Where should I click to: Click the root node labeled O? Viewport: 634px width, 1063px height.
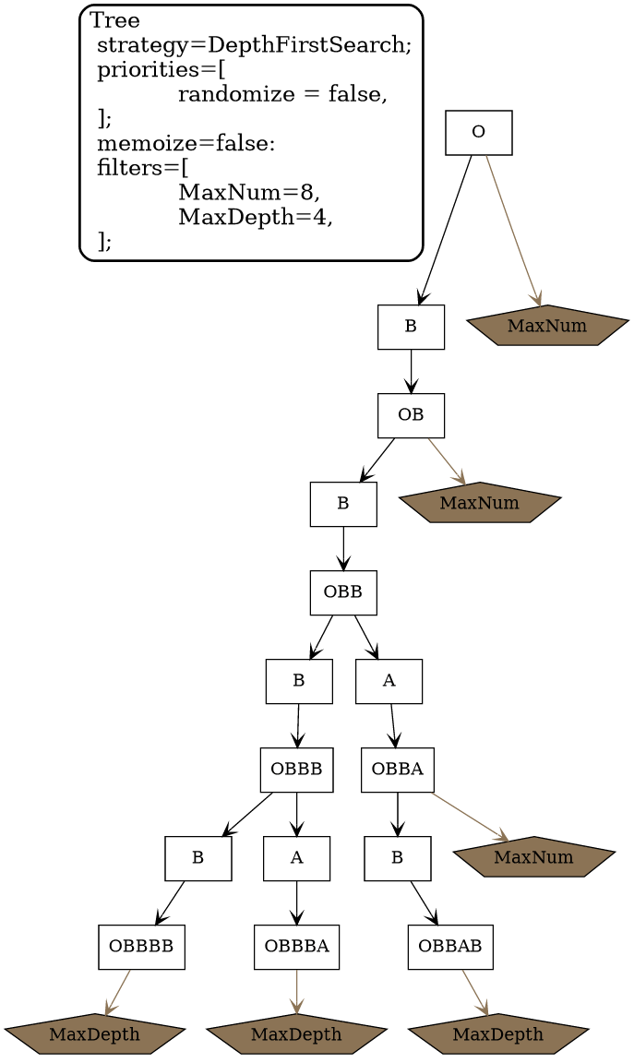point(478,133)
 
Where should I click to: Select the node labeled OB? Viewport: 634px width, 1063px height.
point(411,415)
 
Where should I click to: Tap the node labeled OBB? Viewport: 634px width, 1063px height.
point(342,592)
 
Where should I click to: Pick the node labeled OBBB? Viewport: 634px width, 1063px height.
point(296,770)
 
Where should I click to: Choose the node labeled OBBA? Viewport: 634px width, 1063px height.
point(397,770)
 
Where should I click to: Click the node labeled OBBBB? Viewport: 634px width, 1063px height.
point(141,947)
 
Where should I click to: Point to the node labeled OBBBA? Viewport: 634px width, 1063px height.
point(296,947)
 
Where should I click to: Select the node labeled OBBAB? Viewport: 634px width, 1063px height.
point(450,947)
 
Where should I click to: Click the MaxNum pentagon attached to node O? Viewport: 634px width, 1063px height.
point(547,326)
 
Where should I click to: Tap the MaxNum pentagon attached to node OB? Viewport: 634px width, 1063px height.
point(479,503)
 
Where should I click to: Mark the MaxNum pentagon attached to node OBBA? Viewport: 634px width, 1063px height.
point(533,857)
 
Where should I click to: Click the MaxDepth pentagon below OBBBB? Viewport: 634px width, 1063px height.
point(94,1034)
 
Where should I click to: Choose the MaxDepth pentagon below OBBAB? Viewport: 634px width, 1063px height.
point(497,1034)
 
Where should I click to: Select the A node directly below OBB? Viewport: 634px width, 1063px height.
point(389,681)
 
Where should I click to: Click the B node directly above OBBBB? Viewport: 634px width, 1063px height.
point(197,858)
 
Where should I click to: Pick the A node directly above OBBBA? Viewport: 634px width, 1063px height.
point(296,858)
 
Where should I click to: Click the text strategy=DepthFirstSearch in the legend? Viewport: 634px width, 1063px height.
point(253,44)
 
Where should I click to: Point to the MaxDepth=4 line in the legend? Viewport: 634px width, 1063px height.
point(255,218)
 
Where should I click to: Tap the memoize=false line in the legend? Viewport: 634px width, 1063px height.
point(185,144)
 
